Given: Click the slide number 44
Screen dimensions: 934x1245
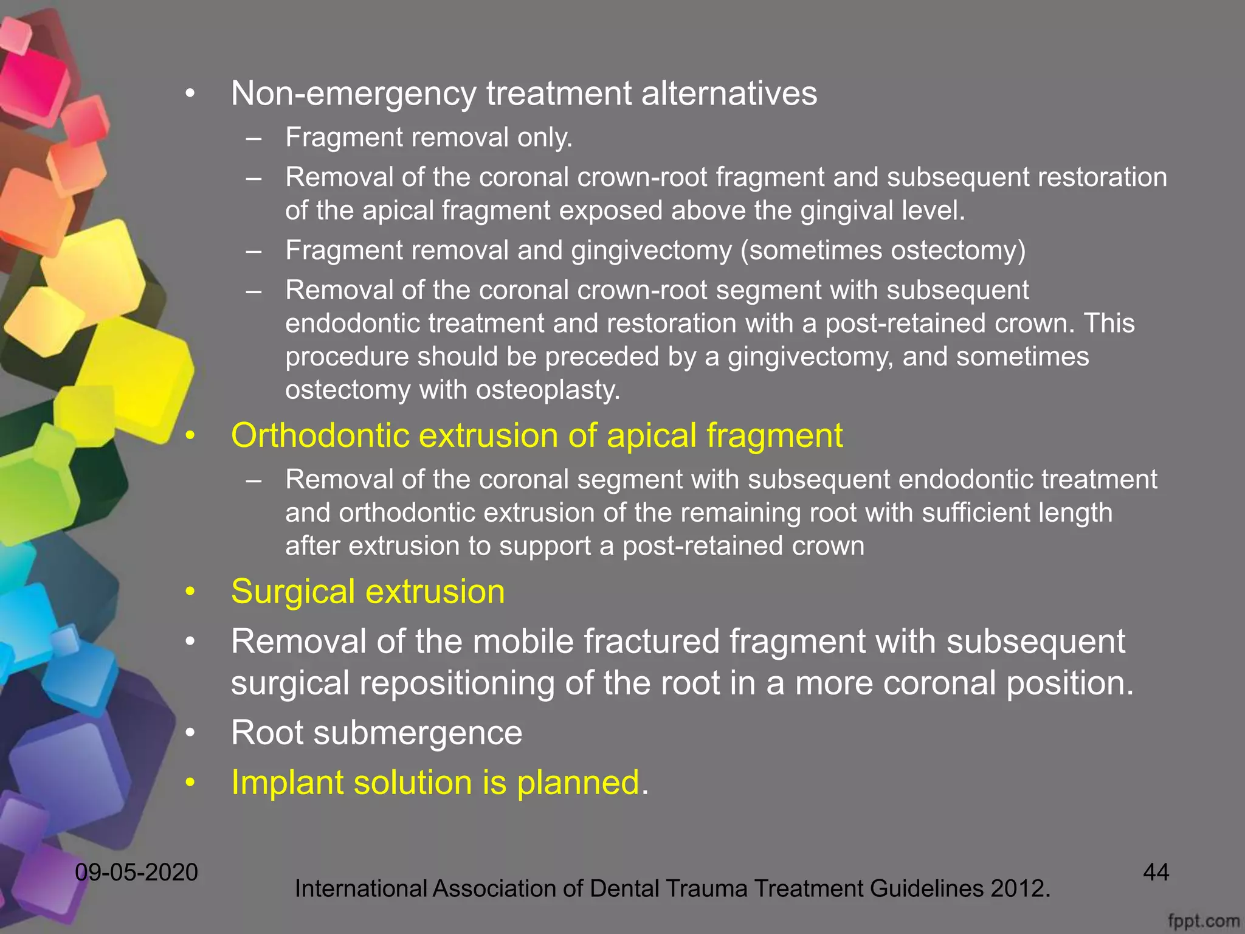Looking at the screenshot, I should [x=1156, y=873].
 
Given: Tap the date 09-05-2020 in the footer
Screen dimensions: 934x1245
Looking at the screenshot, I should [x=136, y=873].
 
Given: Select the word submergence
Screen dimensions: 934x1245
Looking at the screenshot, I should [x=418, y=733].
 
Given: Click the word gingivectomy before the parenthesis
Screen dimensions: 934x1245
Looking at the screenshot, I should [x=651, y=251].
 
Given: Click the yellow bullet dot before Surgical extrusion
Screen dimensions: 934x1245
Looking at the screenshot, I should [x=191, y=592].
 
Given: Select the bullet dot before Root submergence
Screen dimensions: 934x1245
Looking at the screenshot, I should [x=191, y=733].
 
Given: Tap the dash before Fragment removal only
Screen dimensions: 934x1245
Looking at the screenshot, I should [x=254, y=138].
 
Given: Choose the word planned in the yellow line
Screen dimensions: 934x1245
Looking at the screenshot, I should [x=578, y=783].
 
